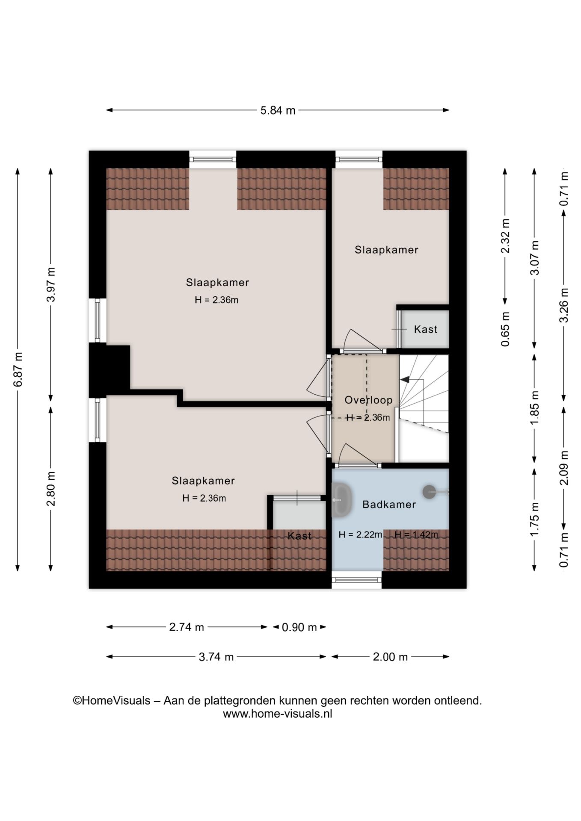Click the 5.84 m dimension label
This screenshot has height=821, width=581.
(x=278, y=110)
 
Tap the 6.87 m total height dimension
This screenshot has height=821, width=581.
(x=18, y=369)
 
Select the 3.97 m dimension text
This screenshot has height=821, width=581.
(x=51, y=284)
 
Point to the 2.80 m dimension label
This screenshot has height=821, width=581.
(x=51, y=488)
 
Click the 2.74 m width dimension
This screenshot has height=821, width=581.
(x=187, y=627)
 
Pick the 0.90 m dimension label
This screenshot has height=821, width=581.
(x=299, y=627)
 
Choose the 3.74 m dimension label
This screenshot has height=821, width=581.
(x=216, y=657)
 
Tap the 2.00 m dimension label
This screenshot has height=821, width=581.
(x=390, y=657)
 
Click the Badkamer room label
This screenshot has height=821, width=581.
(x=389, y=505)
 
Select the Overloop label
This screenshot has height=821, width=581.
(x=368, y=400)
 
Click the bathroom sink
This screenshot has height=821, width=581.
(x=341, y=499)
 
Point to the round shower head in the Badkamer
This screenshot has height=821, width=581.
(x=429, y=492)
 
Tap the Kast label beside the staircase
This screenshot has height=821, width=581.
(x=426, y=329)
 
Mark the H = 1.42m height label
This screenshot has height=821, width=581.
(x=416, y=535)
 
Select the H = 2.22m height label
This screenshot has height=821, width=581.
(x=360, y=535)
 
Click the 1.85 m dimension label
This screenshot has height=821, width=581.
(x=534, y=408)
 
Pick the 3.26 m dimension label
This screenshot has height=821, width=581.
(x=564, y=305)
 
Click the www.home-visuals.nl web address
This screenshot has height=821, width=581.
(x=278, y=714)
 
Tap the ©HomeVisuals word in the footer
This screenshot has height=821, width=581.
(x=112, y=701)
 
